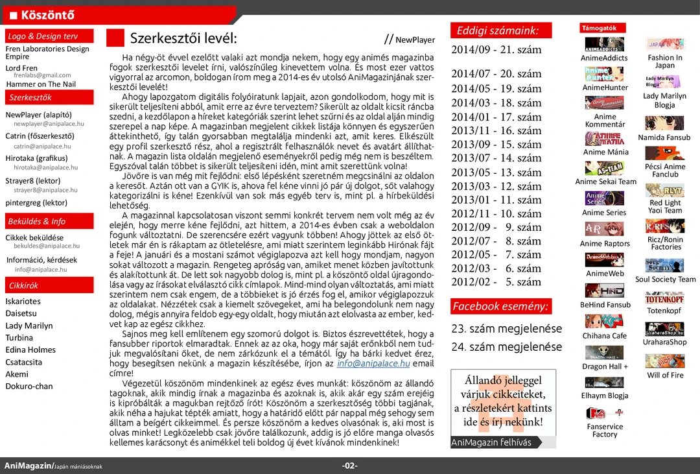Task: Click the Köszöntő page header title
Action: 47,15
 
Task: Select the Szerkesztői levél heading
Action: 183,38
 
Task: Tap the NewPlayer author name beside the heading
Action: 415,40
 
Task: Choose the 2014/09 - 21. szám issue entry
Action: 496,50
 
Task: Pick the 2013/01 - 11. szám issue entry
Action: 496,200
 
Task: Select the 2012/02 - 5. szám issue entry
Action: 496,282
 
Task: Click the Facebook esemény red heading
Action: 500,306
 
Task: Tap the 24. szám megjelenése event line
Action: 506,347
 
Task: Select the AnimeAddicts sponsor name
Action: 604,58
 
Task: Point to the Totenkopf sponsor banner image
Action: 664,298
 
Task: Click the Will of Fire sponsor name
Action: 665,375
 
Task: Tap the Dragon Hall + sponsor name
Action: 605,366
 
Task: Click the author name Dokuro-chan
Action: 29,386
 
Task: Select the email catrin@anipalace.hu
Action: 42,147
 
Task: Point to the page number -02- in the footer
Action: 350,466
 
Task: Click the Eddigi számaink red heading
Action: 500,30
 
